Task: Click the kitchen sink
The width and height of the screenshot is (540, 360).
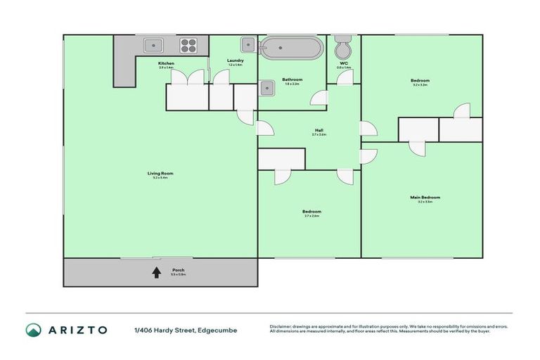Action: [154, 46]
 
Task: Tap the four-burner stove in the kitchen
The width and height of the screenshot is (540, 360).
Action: [189, 46]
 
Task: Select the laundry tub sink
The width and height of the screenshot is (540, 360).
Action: [247, 45]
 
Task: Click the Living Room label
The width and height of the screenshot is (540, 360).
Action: [160, 173]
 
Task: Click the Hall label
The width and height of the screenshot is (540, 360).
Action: [319, 130]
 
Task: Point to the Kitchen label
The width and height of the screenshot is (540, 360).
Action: [166, 63]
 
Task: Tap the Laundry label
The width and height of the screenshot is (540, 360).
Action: [235, 60]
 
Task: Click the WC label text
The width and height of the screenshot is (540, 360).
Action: [343, 63]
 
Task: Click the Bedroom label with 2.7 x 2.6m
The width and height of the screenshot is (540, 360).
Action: [312, 212]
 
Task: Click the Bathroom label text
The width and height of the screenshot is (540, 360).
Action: [292, 79]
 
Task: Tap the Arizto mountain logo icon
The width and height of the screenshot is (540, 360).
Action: [33, 329]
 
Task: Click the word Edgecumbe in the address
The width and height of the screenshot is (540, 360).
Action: [218, 330]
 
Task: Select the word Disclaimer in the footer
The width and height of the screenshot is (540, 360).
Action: [281, 326]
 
